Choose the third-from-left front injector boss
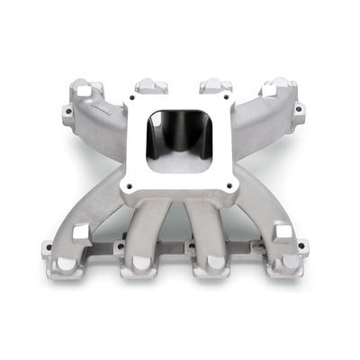(217, 263)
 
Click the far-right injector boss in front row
(290, 261)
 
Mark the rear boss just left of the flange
(149, 87)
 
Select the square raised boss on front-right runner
(283, 231)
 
